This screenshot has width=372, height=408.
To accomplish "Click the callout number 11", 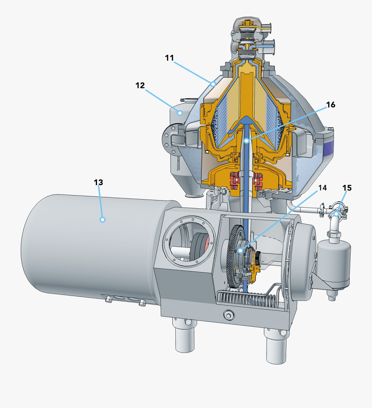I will coord(169,57).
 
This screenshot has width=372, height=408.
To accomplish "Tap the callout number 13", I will coord(98,182).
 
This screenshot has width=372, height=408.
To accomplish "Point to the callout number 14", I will coord(322,188).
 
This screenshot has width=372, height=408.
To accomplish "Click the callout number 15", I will coord(347,188).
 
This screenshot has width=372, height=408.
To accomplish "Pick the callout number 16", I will coord(330,105).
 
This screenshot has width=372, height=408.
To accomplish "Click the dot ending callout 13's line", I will coord(103,220).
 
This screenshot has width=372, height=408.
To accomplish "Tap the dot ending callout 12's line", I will coord(180,112).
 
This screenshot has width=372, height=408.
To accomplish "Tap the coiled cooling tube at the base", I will coord(248,298).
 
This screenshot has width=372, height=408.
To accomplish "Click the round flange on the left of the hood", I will coord(168,137).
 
